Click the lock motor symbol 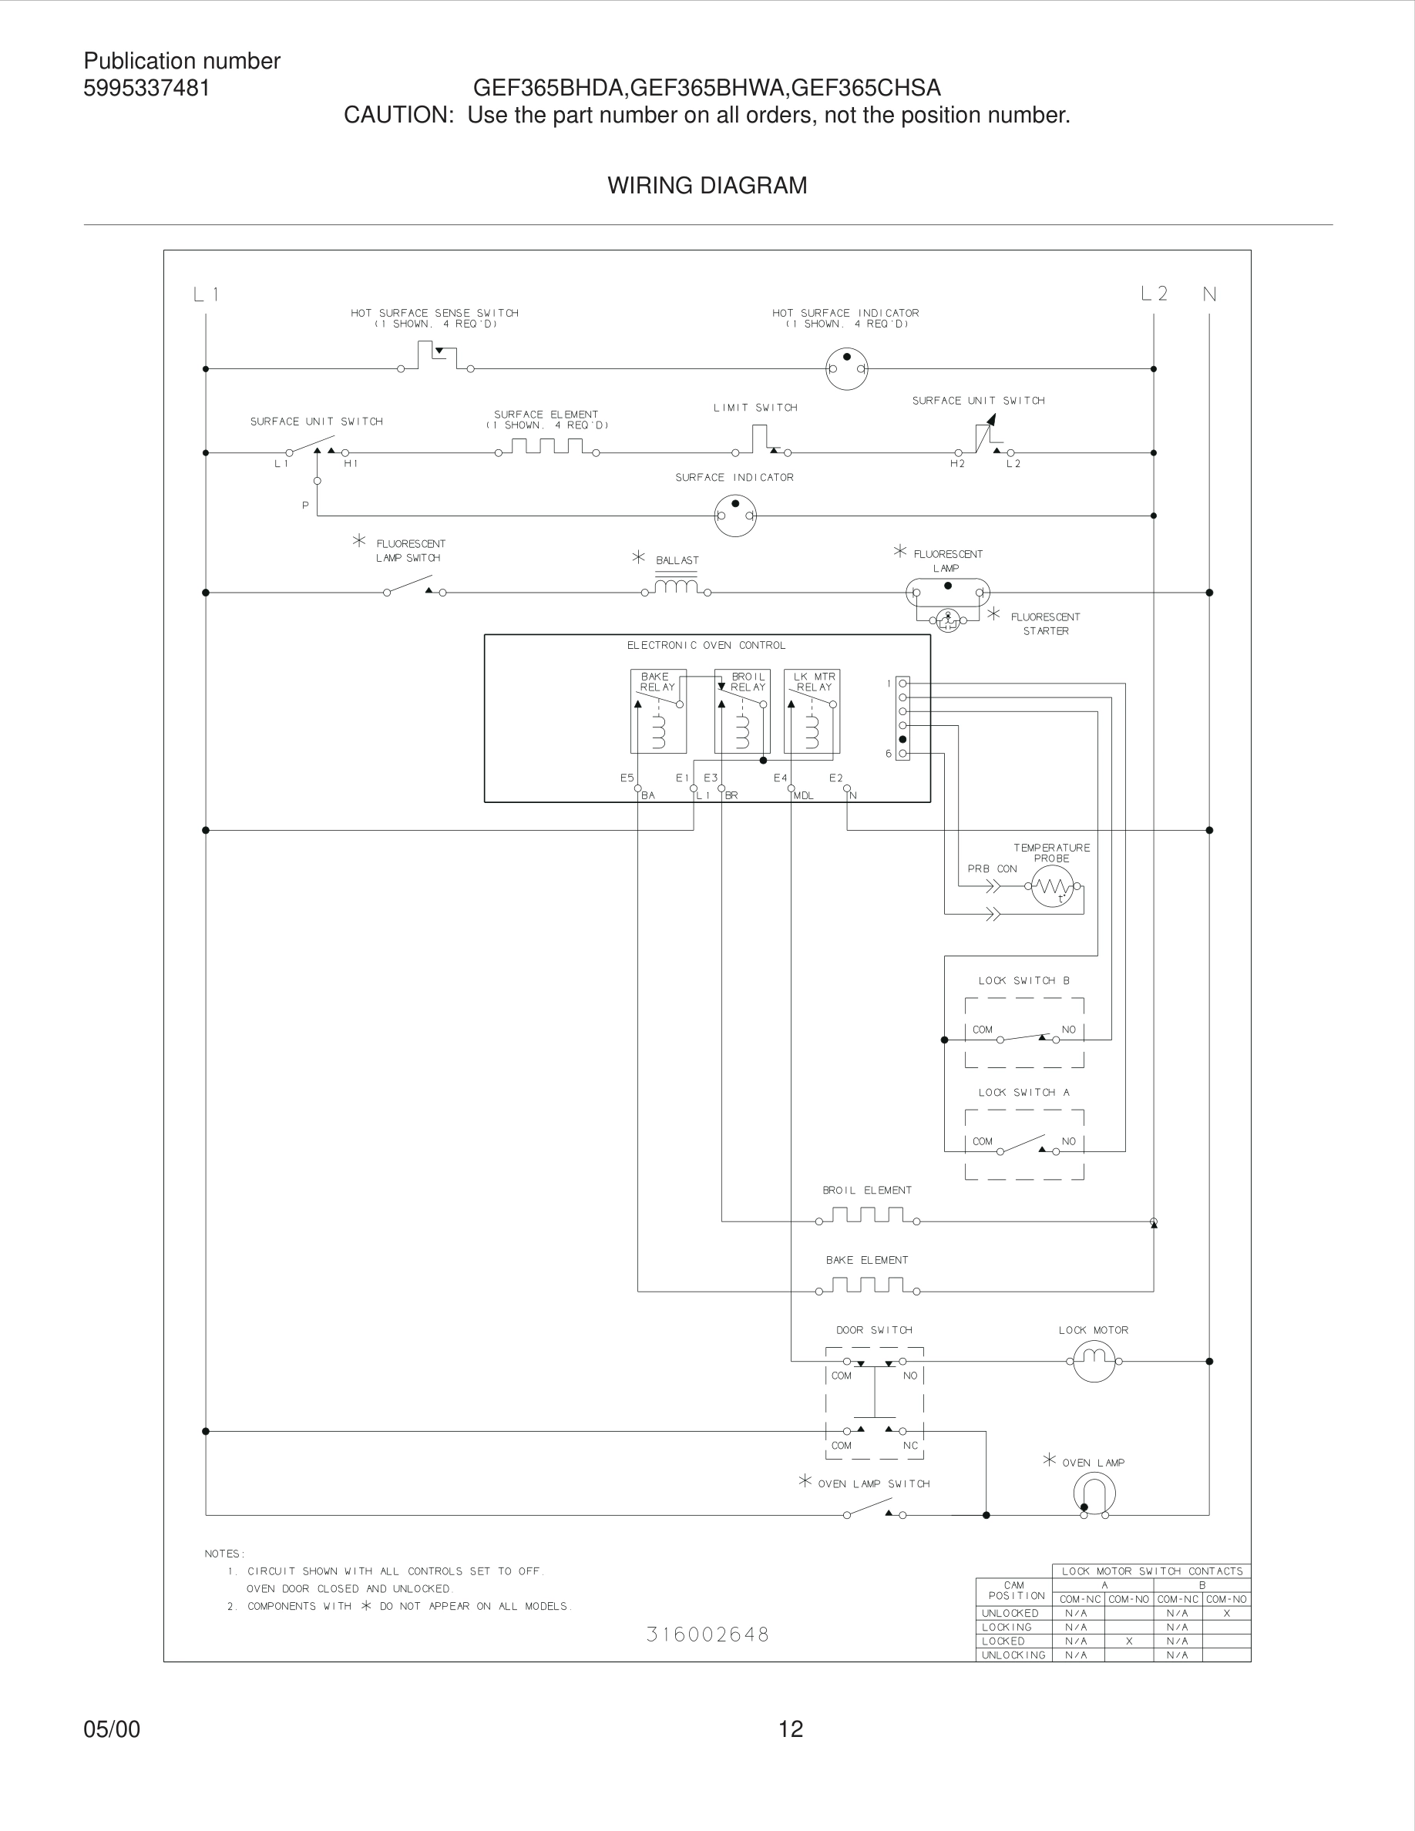pyautogui.click(x=1094, y=1361)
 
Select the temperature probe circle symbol pyautogui.click(x=1052, y=886)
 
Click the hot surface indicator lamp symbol pyautogui.click(x=847, y=368)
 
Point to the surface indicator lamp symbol pyautogui.click(x=735, y=515)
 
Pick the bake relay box pyautogui.click(x=658, y=711)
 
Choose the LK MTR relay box pyautogui.click(x=812, y=711)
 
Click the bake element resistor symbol pyautogui.click(x=868, y=1285)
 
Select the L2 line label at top pyautogui.click(x=1155, y=294)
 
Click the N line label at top pyautogui.click(x=1210, y=294)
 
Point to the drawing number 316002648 pyautogui.click(x=707, y=1634)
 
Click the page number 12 pyautogui.click(x=791, y=1729)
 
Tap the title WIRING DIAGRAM pyautogui.click(x=707, y=185)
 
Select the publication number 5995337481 pyautogui.click(x=146, y=88)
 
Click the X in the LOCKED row pyautogui.click(x=1129, y=1641)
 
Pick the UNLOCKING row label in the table pyautogui.click(x=1013, y=1655)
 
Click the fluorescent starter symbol pyautogui.click(x=948, y=620)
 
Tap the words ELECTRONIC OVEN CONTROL pyautogui.click(x=706, y=646)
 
